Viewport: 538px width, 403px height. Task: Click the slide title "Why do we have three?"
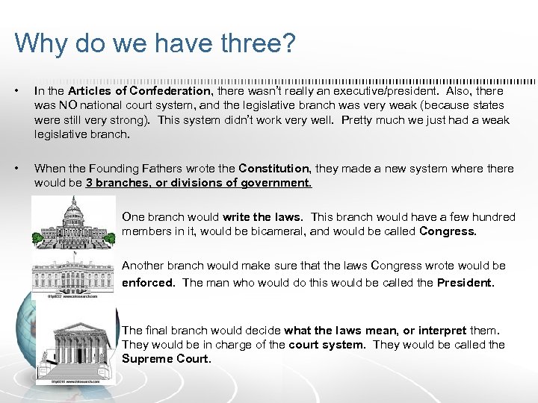click(x=155, y=43)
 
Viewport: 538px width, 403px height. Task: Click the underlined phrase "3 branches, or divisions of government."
click(x=199, y=183)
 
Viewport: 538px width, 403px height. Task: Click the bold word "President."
click(x=466, y=282)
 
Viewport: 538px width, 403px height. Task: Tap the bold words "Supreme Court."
click(x=167, y=359)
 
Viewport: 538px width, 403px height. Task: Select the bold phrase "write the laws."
click(x=262, y=217)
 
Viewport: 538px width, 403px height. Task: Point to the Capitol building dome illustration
click(x=74, y=221)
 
